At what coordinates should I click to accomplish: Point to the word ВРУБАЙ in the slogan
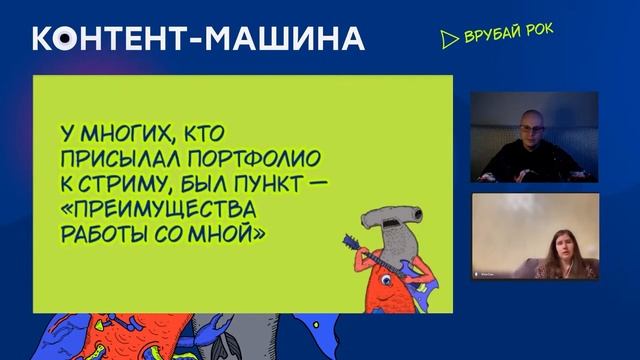(x=490, y=38)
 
